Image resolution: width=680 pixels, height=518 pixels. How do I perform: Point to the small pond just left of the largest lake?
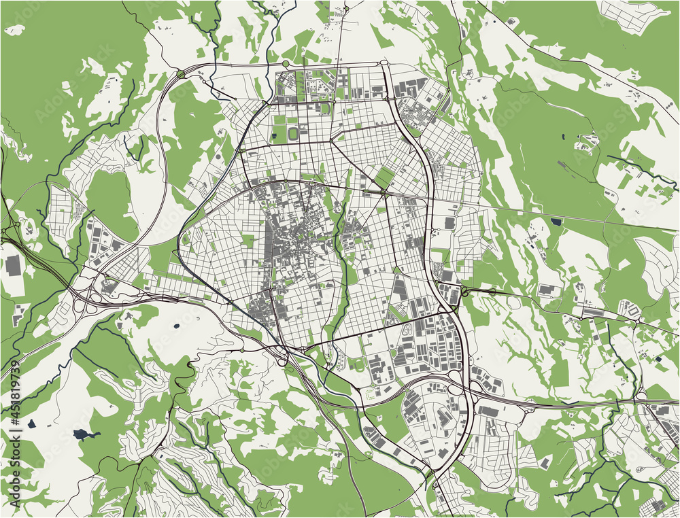(31, 424)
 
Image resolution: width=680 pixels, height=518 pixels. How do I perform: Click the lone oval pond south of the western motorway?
(176, 326)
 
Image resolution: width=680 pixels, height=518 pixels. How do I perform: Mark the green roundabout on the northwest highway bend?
(181, 73)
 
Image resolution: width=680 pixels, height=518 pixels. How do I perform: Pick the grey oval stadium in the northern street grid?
(293, 134)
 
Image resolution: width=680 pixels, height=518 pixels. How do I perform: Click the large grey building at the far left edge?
(13, 266)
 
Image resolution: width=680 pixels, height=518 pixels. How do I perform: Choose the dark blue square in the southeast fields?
(658, 358)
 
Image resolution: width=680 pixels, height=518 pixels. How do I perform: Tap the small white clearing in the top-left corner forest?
(14, 30)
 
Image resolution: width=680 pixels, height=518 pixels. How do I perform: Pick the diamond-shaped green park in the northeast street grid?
(384, 177)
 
